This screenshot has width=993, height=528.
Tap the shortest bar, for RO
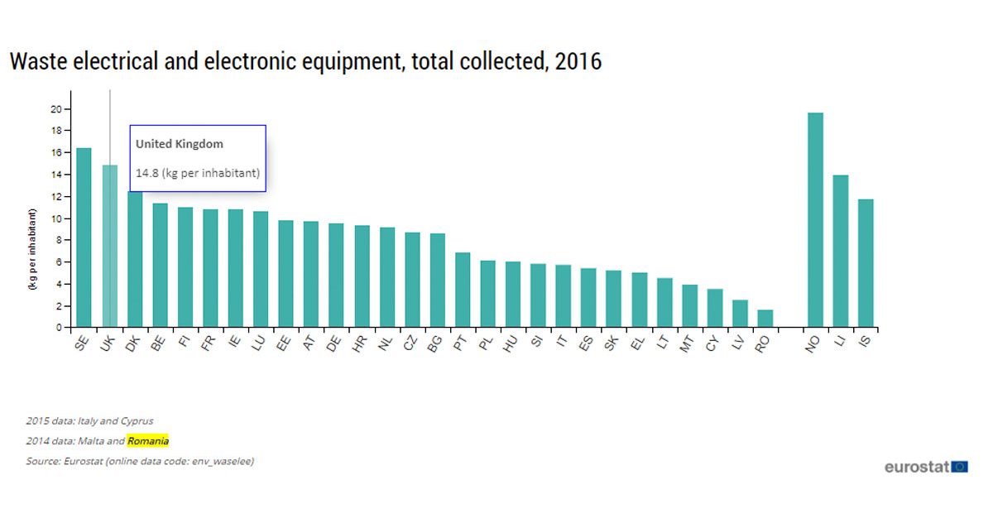tap(765, 319)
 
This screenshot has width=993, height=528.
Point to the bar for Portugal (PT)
tap(463, 290)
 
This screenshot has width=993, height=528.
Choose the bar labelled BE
tap(160, 265)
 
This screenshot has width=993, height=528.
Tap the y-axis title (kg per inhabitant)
tap(32, 249)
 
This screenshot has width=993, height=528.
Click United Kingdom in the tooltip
tap(180, 144)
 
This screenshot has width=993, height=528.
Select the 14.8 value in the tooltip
tap(146, 173)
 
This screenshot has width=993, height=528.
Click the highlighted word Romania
tap(148, 441)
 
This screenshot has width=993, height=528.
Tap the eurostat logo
tap(926, 467)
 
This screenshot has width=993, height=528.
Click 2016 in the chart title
tap(578, 61)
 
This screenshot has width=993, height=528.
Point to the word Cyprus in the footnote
tap(137, 421)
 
